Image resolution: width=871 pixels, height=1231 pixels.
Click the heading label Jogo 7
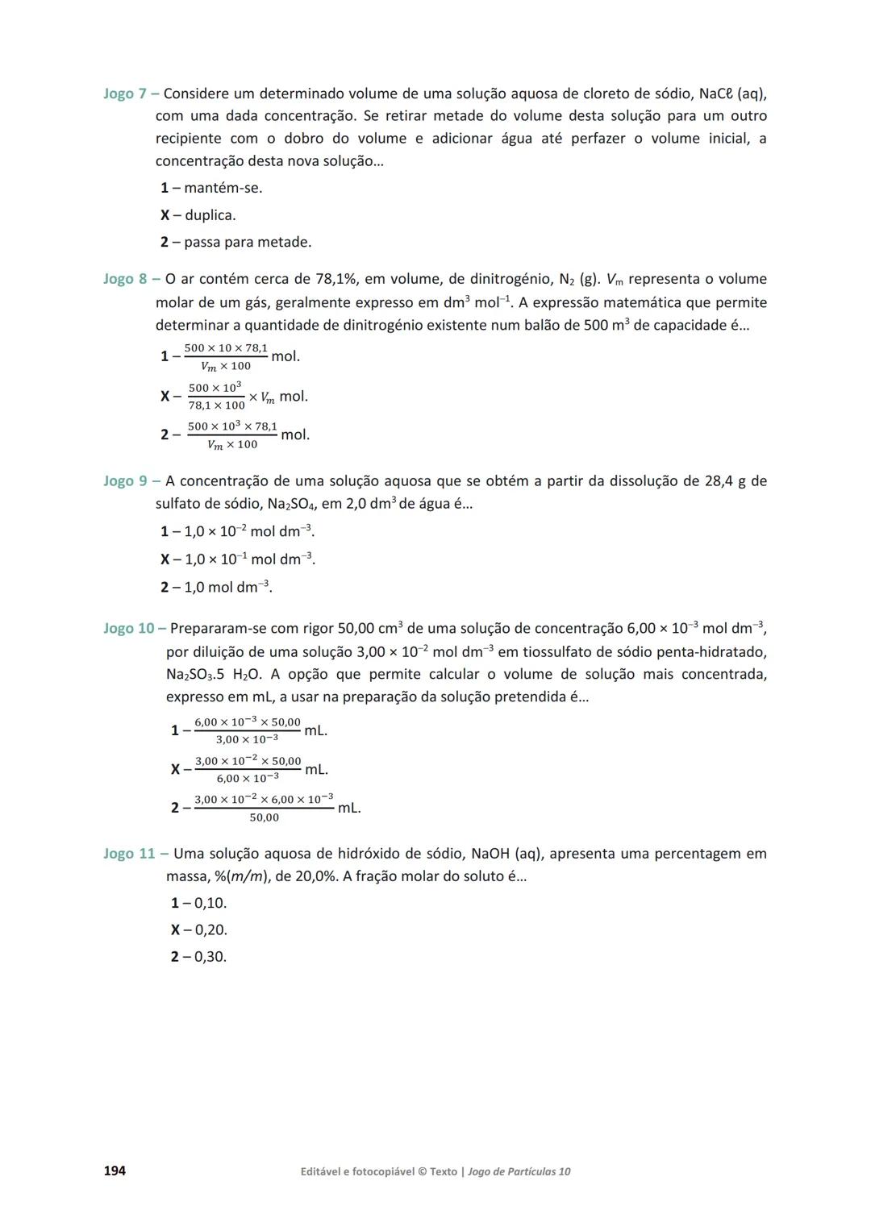click(125, 94)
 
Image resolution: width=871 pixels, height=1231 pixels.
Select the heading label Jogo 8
click(125, 279)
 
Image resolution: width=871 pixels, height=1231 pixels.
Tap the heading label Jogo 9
click(125, 481)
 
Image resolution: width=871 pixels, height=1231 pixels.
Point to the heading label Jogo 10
click(129, 628)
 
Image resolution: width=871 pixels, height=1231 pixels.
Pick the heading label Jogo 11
click(129, 854)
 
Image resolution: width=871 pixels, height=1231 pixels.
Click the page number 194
click(115, 1171)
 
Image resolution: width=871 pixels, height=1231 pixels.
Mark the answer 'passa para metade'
click(247, 242)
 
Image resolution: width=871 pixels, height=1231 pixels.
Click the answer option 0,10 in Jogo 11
click(210, 903)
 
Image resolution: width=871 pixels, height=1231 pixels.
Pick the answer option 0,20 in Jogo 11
click(210, 929)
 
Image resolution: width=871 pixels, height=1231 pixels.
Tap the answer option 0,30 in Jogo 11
click(210, 957)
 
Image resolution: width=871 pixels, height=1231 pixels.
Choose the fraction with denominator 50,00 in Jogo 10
click(264, 808)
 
